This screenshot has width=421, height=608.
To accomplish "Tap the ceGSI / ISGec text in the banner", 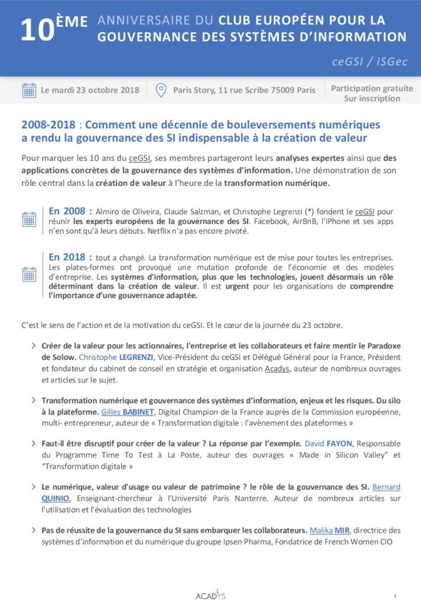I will tap(370, 62).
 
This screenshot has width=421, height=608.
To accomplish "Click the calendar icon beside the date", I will tap(29, 90).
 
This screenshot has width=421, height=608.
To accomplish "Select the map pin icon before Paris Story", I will tap(160, 90).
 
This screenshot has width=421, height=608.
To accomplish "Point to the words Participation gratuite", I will tap(372, 88).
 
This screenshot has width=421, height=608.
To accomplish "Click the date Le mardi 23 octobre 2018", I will tap(90, 90).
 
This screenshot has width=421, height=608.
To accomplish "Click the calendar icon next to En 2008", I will tap(29, 220).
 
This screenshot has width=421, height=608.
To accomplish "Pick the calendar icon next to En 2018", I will tap(29, 274).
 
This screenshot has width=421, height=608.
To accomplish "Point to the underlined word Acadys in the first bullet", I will tap(277, 369).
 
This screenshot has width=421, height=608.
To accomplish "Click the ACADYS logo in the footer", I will tap(210, 595).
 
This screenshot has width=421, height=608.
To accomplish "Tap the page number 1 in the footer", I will tap(395, 595).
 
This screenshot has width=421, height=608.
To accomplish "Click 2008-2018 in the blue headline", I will tap(49, 125).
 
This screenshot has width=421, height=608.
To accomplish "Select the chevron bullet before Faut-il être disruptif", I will tap(32, 444).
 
